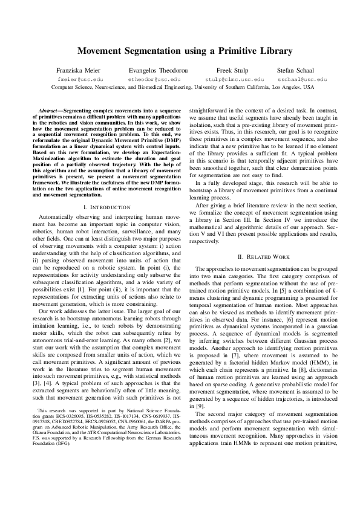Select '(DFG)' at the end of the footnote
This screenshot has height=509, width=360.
tap(57, 443)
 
